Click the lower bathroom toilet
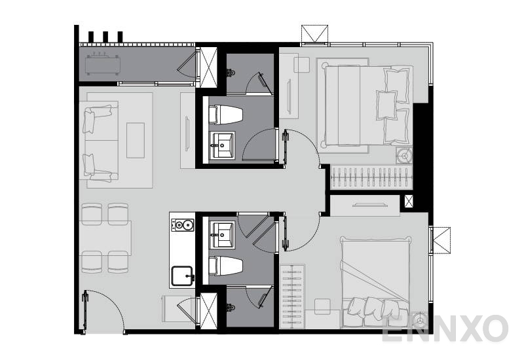point(225,266)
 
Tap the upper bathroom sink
point(223,144)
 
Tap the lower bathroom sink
point(223,233)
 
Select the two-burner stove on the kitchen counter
point(183,226)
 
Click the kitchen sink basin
point(183,276)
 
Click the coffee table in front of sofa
point(136,140)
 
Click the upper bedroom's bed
point(364,105)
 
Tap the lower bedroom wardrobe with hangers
point(293,295)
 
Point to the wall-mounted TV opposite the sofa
point(187,132)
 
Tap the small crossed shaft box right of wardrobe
point(409,202)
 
